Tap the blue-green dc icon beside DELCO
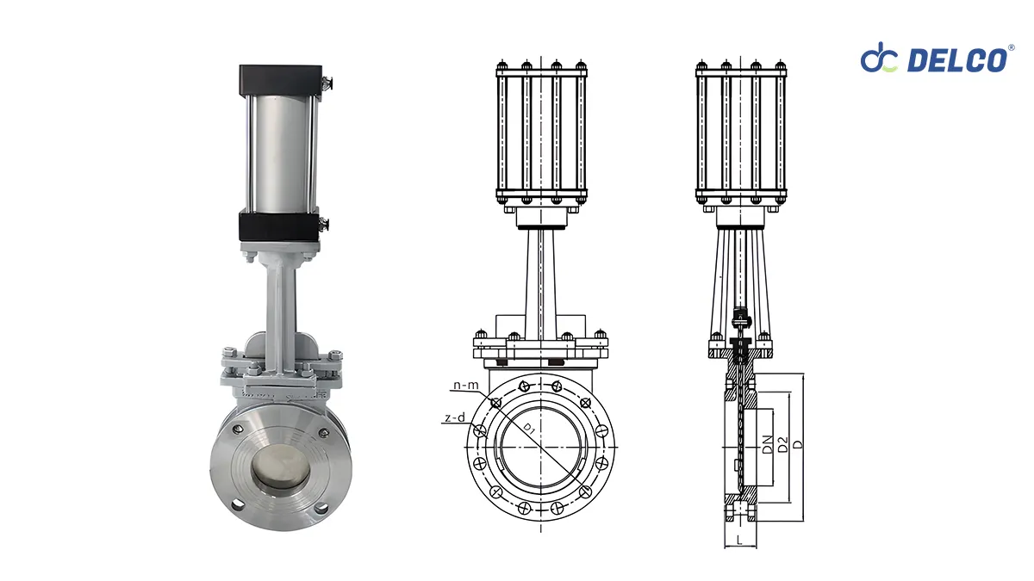coord(879,59)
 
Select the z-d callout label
coord(455,418)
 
